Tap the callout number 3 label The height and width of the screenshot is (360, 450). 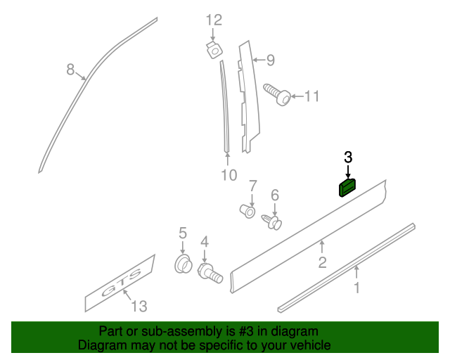pyautogui.click(x=348, y=157)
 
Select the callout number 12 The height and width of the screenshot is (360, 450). pyautogui.click(x=213, y=20)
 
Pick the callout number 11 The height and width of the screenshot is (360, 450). pyautogui.click(x=311, y=96)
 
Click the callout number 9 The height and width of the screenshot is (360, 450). pyautogui.click(x=269, y=60)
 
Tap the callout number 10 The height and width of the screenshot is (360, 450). pyautogui.click(x=229, y=175)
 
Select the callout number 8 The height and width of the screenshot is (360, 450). pyautogui.click(x=70, y=69)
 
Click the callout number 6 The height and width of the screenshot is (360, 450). pyautogui.click(x=275, y=195)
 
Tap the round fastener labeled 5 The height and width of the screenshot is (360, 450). pyautogui.click(x=183, y=264)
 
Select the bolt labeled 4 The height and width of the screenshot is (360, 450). pyautogui.click(x=210, y=272)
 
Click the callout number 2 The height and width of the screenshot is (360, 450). pyautogui.click(x=322, y=263)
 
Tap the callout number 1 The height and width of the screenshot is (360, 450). pyautogui.click(x=356, y=287)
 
